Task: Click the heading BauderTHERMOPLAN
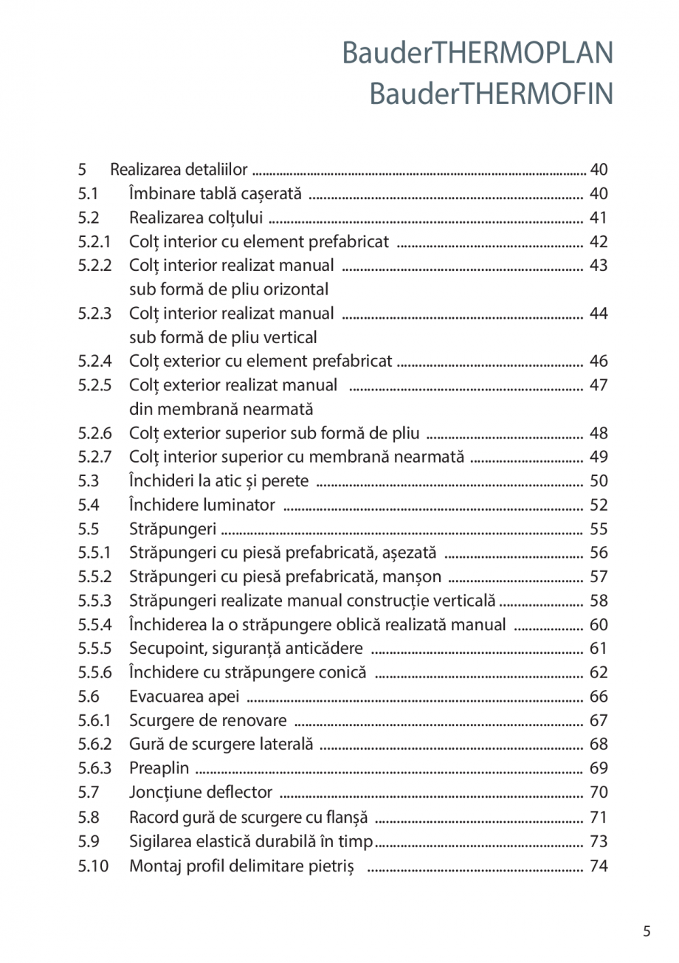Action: coord(478,54)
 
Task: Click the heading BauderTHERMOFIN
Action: coord(491,94)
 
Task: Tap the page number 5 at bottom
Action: coord(647,931)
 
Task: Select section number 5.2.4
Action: coord(94,362)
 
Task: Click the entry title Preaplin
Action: coord(159,768)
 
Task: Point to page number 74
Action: coord(599,866)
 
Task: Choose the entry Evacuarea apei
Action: coord(184,697)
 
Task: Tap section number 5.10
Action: coord(93,866)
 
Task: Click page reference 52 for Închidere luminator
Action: coord(599,505)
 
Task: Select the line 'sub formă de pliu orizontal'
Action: coord(229,289)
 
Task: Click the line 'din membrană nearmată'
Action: coord(221,409)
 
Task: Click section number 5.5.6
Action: coord(94,672)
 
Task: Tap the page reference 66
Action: coord(599,697)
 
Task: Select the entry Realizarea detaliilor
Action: coord(179,170)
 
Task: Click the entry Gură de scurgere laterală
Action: coord(221,745)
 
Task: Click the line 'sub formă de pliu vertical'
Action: coord(223,338)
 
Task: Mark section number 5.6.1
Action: coord(94,720)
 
